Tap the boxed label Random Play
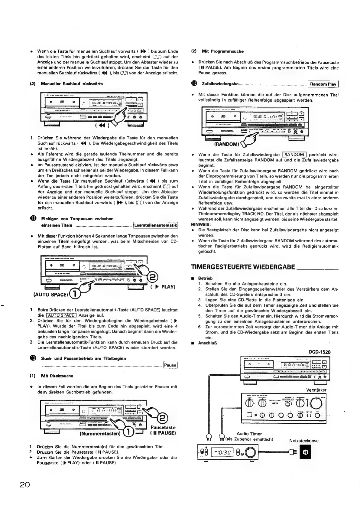(323, 84)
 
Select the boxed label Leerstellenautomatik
(155, 225)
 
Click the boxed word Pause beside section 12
(170, 365)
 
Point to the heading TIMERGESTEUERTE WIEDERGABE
(243, 267)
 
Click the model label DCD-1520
(319, 352)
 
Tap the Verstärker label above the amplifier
(316, 390)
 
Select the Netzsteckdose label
(304, 441)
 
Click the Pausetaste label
(163, 427)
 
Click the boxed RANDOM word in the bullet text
(294, 155)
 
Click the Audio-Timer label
(249, 434)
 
